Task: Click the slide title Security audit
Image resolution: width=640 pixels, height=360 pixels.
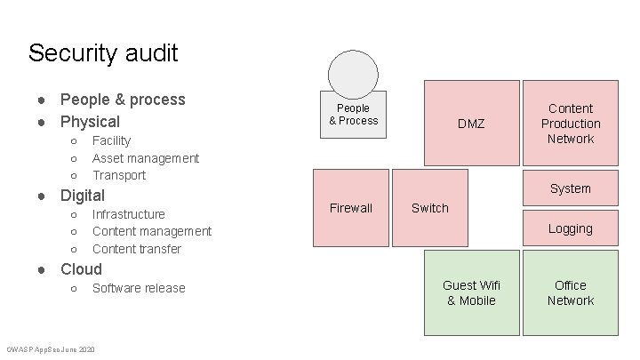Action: (103, 53)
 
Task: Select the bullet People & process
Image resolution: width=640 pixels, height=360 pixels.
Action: (123, 99)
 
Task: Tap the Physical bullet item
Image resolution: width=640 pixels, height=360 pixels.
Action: (90, 121)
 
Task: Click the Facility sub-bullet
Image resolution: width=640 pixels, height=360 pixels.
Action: (111, 140)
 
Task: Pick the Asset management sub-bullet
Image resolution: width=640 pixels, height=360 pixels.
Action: (146, 158)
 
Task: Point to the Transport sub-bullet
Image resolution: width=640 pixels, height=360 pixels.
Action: (119, 175)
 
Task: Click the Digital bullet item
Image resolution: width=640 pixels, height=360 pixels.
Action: (83, 196)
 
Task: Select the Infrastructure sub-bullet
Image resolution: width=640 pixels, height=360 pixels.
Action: (129, 214)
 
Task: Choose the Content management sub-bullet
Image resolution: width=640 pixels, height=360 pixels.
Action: (152, 231)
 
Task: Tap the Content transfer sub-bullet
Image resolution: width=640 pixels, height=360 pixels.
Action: (137, 249)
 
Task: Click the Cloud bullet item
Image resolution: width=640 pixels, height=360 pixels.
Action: (81, 269)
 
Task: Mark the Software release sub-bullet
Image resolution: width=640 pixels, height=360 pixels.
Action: (139, 288)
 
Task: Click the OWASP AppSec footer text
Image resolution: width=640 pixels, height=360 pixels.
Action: (51, 348)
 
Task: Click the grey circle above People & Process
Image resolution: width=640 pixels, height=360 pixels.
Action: (353, 72)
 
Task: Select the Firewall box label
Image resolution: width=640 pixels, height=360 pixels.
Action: (351, 208)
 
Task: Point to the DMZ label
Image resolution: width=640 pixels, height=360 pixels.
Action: (471, 124)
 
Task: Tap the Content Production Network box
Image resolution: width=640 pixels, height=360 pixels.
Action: (571, 124)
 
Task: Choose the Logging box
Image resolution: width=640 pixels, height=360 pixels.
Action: (571, 228)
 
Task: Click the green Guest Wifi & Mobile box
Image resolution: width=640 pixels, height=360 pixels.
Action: (471, 292)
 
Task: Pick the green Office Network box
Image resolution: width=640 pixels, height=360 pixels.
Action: (571, 292)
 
